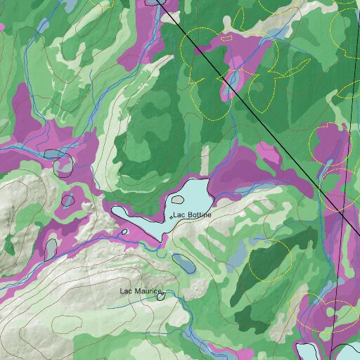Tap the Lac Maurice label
point(140,290)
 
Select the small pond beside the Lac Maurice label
point(160,296)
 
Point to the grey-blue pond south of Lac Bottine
point(184,264)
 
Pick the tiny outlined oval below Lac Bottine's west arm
point(124,231)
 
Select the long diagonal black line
point(246,106)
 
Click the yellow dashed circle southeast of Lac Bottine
point(269,259)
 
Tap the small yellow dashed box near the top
point(226,39)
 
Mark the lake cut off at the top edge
point(154,2)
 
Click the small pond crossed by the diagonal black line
point(328,168)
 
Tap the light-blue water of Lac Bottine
point(190,197)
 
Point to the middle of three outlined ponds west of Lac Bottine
point(67,200)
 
